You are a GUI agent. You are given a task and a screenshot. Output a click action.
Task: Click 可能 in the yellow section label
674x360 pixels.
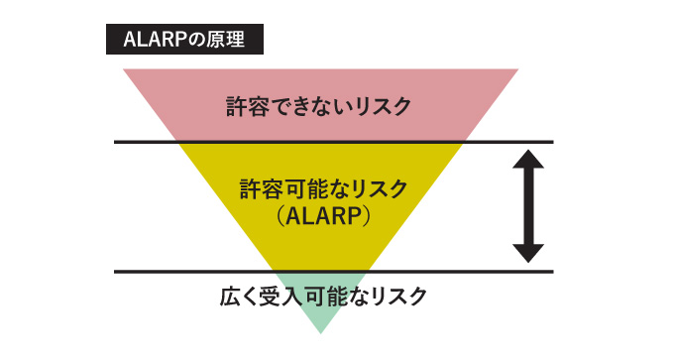tap(302, 187)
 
